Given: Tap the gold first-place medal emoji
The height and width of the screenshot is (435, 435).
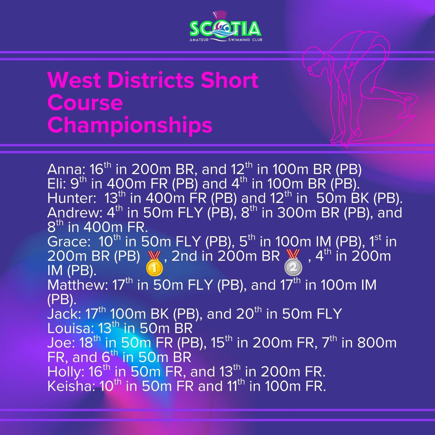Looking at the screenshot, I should (154, 262).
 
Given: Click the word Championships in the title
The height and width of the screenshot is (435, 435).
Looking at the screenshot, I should (129, 125).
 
